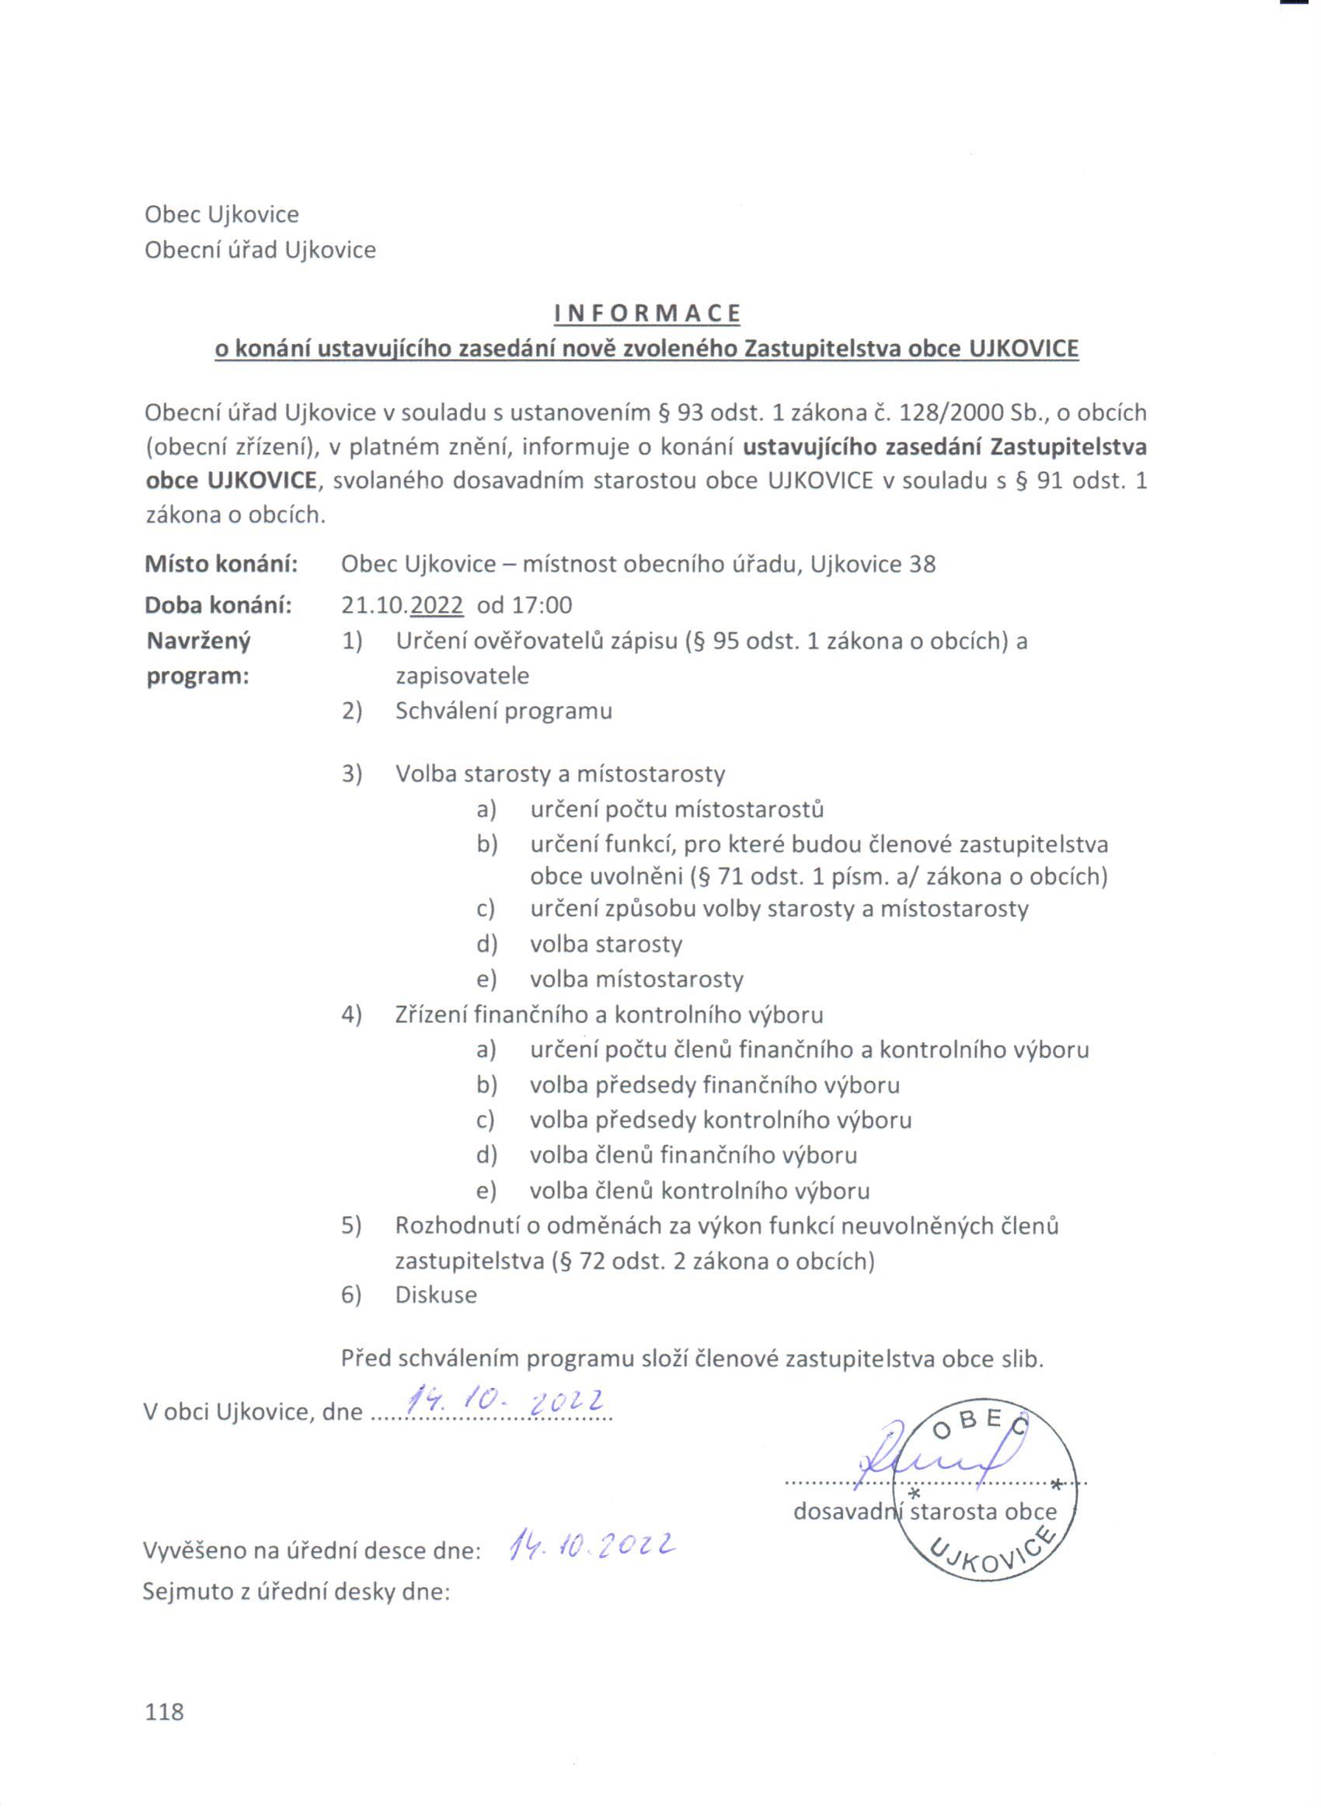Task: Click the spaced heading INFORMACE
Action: [647, 314]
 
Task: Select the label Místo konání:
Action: [221, 565]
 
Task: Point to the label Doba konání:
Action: [218, 605]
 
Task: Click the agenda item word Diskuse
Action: [436, 1295]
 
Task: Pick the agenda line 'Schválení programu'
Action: [503, 711]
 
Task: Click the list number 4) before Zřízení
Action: [352, 1014]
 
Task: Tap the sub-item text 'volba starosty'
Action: [605, 944]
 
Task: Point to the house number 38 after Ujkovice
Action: [922, 565]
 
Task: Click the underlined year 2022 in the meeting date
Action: [437, 605]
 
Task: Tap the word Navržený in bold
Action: [198, 641]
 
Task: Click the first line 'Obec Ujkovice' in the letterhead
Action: [221, 214]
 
